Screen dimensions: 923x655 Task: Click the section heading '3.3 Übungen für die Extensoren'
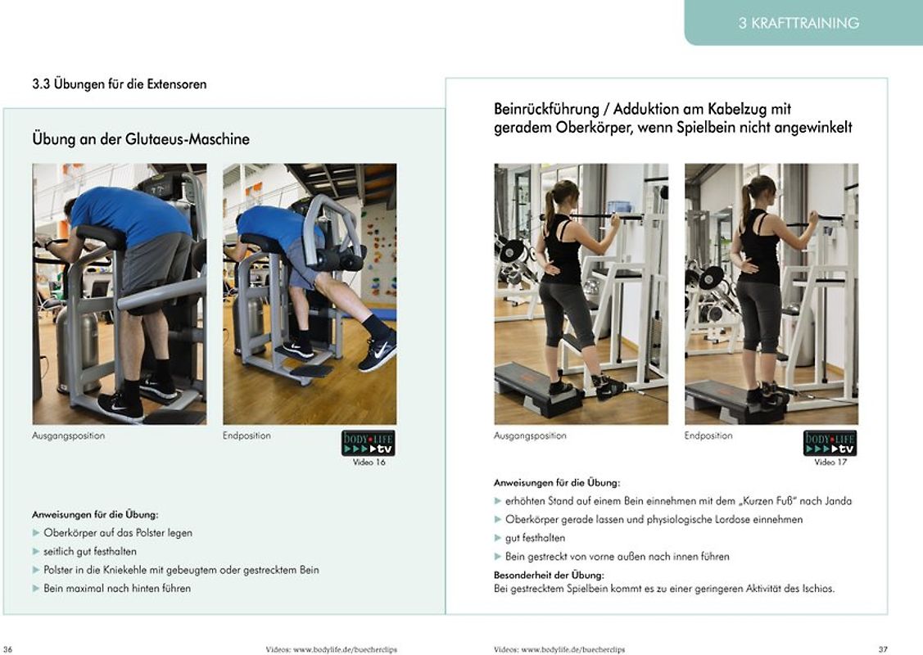click(x=120, y=84)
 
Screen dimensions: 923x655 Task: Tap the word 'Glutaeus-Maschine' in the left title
click(x=188, y=139)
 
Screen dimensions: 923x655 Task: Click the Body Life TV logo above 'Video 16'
click(x=369, y=443)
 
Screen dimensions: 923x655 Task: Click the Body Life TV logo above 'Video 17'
click(x=830, y=443)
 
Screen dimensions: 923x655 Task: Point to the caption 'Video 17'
click(x=830, y=463)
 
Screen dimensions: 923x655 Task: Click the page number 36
click(x=7, y=649)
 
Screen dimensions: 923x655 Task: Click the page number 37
click(x=883, y=649)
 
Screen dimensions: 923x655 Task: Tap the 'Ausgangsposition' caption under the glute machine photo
click(x=68, y=436)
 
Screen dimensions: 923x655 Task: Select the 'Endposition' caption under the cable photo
click(x=708, y=436)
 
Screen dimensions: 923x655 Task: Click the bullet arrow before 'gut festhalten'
click(x=497, y=538)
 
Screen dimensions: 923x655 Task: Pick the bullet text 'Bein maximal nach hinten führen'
click(x=117, y=589)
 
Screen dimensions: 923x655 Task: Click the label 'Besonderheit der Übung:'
click(x=549, y=575)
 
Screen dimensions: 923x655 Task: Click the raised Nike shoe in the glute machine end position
click(x=378, y=353)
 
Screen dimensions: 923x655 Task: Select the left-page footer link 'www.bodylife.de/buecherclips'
click(x=345, y=650)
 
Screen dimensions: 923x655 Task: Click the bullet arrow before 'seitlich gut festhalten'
click(x=36, y=551)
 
